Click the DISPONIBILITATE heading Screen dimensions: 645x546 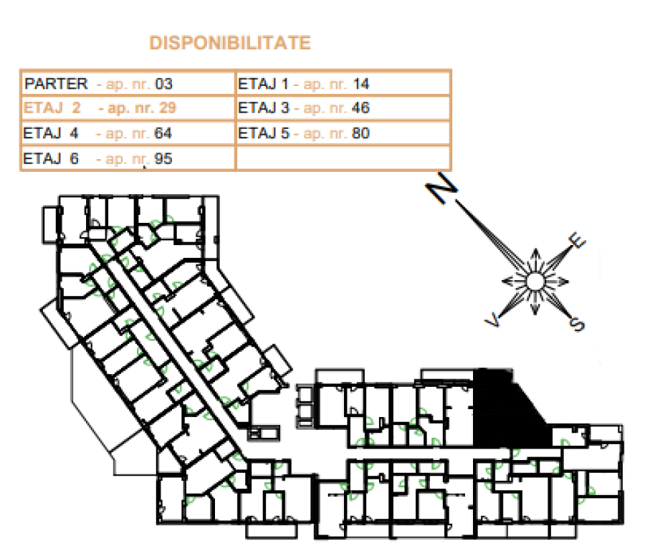click(x=230, y=43)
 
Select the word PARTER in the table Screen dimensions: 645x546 click(x=56, y=84)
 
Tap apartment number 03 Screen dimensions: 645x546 click(x=163, y=84)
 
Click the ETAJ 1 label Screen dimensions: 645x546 click(x=263, y=84)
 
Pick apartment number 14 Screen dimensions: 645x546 click(x=360, y=84)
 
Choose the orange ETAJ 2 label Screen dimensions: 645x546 click(x=52, y=107)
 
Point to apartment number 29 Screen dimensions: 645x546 click(x=168, y=107)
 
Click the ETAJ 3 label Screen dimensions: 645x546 click(x=264, y=107)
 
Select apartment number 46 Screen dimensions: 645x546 click(x=360, y=107)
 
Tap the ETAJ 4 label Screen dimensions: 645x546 click(x=51, y=133)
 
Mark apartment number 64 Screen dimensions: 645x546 click(x=163, y=133)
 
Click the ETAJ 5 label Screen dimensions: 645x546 click(x=264, y=133)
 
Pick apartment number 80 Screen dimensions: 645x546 click(x=360, y=133)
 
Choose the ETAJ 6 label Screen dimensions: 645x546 click(x=51, y=158)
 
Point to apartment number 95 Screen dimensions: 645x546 click(x=163, y=158)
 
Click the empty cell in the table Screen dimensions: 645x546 click(x=343, y=158)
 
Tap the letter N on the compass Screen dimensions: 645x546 click(x=441, y=188)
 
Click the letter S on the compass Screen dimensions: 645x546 click(x=576, y=324)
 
